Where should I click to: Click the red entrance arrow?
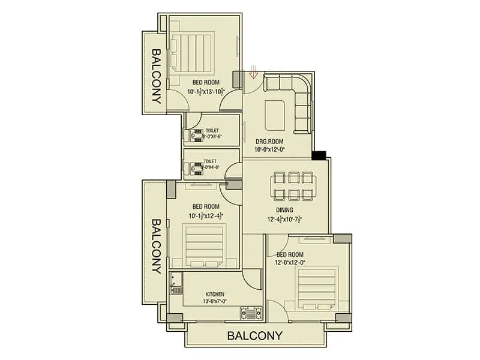tap(254, 73)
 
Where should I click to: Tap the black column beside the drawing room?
tap(319, 155)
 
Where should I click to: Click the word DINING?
tap(284, 210)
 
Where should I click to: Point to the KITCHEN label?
tap(215, 294)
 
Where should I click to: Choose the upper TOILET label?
tap(212, 130)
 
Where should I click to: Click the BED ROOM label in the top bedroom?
tap(205, 82)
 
